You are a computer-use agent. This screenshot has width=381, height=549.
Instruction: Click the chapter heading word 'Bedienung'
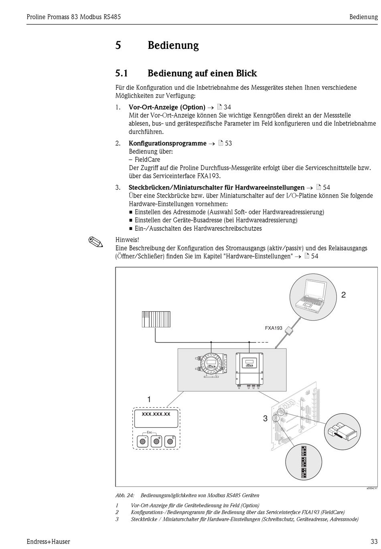pyautogui.click(x=173, y=45)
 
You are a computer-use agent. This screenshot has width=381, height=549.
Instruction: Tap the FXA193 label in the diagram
pyautogui.click(x=274, y=328)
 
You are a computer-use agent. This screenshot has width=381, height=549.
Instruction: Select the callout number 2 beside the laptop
pyautogui.click(x=343, y=295)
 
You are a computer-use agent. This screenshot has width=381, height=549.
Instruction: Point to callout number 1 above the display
pyautogui.click(x=149, y=399)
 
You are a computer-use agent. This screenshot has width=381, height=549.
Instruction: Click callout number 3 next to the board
pyautogui.click(x=265, y=418)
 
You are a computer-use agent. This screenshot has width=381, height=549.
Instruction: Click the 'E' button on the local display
pyautogui.click(x=170, y=441)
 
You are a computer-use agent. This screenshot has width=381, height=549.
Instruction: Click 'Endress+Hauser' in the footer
pyautogui.click(x=48, y=541)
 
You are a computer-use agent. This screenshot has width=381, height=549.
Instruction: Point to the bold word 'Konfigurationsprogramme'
pyautogui.click(x=167, y=143)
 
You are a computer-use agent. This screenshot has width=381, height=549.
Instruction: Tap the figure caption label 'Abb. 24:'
pyautogui.click(x=125, y=495)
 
